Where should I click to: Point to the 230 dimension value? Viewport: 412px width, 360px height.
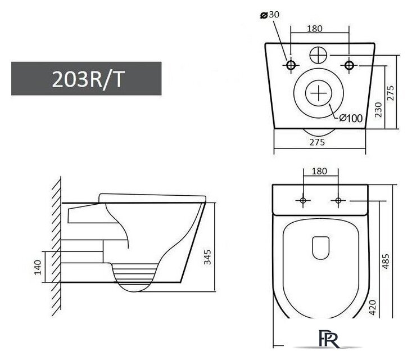coord(378,108)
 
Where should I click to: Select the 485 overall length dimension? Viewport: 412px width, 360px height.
coord(386,260)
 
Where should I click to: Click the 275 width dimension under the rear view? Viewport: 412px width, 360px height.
coord(317,142)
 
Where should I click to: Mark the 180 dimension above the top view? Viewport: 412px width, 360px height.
coord(319,170)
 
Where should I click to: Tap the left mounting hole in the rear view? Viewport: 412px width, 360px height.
coord(291,65)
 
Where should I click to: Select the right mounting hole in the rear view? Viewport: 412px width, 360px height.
coord(348,65)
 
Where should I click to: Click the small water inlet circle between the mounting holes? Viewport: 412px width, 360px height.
coord(318,55)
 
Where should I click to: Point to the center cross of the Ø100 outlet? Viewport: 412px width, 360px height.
coord(319,93)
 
